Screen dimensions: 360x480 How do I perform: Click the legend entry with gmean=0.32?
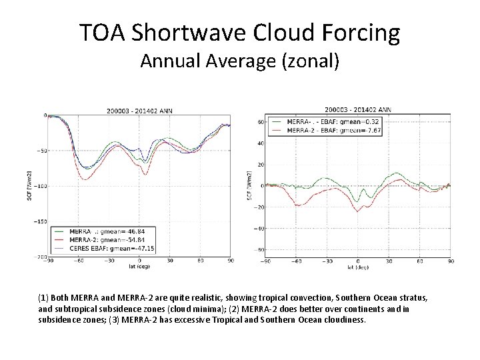point(316,122)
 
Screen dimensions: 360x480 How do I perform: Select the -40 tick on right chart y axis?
point(260,228)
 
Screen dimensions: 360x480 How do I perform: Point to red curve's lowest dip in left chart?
point(85,179)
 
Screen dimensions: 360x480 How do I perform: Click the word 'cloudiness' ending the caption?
point(345,319)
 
